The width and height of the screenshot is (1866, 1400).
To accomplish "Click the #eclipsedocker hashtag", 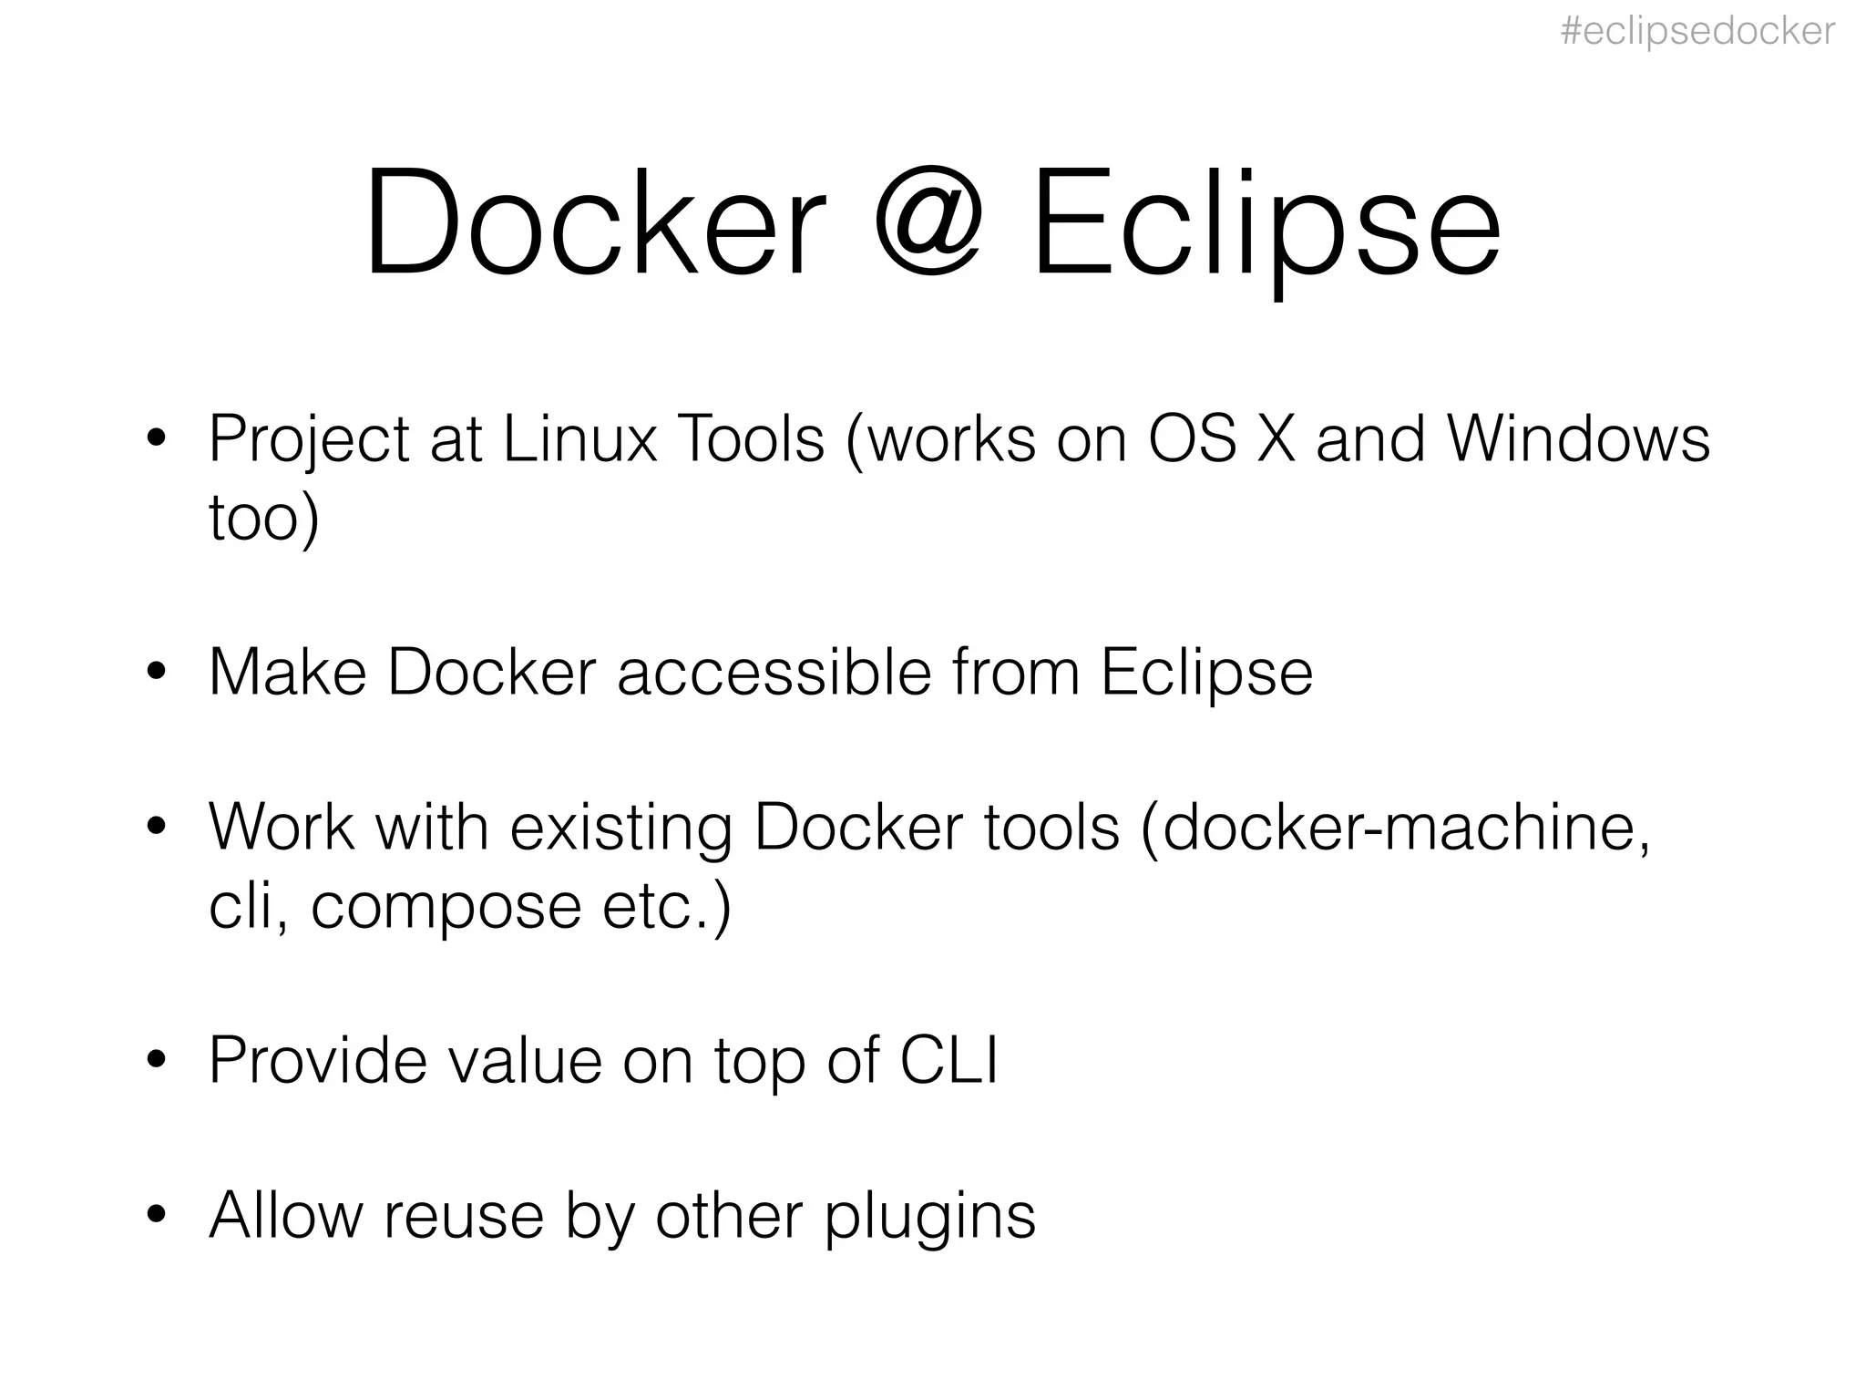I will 1697,32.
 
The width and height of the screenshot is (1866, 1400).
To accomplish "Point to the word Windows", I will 1578,439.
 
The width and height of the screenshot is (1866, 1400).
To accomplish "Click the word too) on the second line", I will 264,518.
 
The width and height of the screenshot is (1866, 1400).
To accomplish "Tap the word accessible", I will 774,673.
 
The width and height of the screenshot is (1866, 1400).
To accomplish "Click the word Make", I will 288,673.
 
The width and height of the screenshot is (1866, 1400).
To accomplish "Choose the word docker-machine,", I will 1407,828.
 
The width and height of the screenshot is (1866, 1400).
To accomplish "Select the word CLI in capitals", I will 948,1060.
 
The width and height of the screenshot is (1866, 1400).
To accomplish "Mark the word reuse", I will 463,1216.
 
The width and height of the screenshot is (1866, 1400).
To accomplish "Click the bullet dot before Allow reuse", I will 157,1215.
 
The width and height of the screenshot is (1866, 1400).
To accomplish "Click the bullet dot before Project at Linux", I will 157,439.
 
